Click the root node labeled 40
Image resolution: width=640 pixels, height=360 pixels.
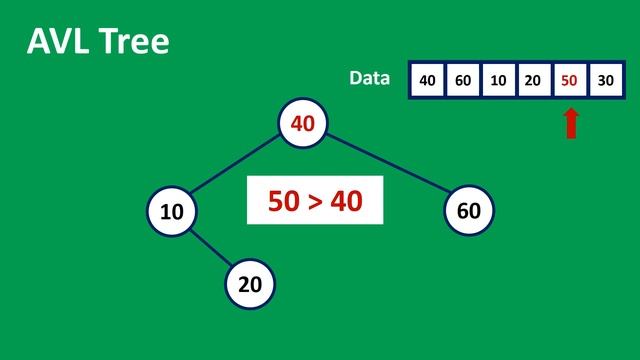click(302, 123)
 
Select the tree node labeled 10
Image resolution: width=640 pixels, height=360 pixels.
click(171, 211)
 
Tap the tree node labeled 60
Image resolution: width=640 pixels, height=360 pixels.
click(468, 211)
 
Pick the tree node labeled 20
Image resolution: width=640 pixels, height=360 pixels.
click(249, 284)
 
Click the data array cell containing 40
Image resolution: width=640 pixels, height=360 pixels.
click(428, 81)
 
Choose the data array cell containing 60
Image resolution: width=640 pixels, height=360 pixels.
click(463, 81)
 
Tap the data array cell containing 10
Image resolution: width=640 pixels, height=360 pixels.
click(499, 81)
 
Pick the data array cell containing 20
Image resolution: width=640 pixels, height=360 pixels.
click(534, 81)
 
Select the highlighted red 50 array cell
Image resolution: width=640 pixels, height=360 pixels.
click(570, 81)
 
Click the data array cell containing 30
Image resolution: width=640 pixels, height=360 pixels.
click(605, 81)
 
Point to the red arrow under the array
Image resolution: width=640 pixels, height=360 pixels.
click(571, 123)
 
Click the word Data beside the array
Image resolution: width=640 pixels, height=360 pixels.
click(369, 78)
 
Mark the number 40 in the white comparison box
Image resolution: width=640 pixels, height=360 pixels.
click(345, 202)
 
